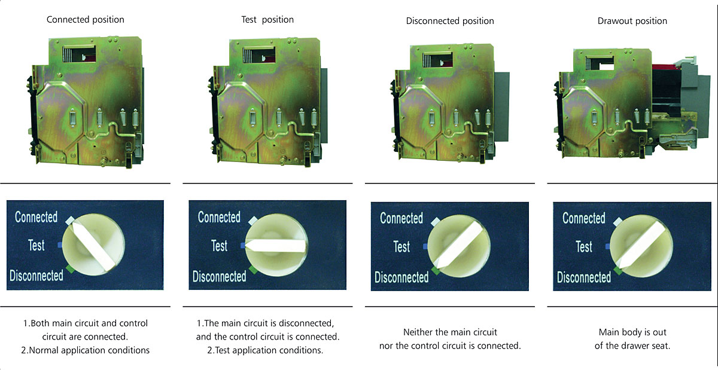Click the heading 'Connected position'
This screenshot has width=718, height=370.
[85, 20]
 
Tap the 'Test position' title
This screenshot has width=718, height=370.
[267, 20]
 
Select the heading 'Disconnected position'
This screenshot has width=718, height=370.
[450, 21]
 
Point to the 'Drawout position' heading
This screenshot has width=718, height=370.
[632, 21]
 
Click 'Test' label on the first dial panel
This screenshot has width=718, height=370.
[36, 246]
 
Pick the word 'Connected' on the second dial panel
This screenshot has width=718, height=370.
[219, 217]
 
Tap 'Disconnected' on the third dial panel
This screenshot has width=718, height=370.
[401, 277]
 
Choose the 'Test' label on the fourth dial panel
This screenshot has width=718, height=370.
[584, 247]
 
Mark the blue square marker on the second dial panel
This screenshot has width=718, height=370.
[243, 246]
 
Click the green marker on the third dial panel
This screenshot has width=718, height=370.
[436, 271]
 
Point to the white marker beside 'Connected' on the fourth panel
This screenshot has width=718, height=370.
[617, 222]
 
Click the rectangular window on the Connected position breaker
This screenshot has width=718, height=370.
[79, 54]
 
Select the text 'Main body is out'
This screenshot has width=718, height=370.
[632, 332]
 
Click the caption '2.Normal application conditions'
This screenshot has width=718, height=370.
[85, 350]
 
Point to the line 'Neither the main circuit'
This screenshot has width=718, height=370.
[450, 332]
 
